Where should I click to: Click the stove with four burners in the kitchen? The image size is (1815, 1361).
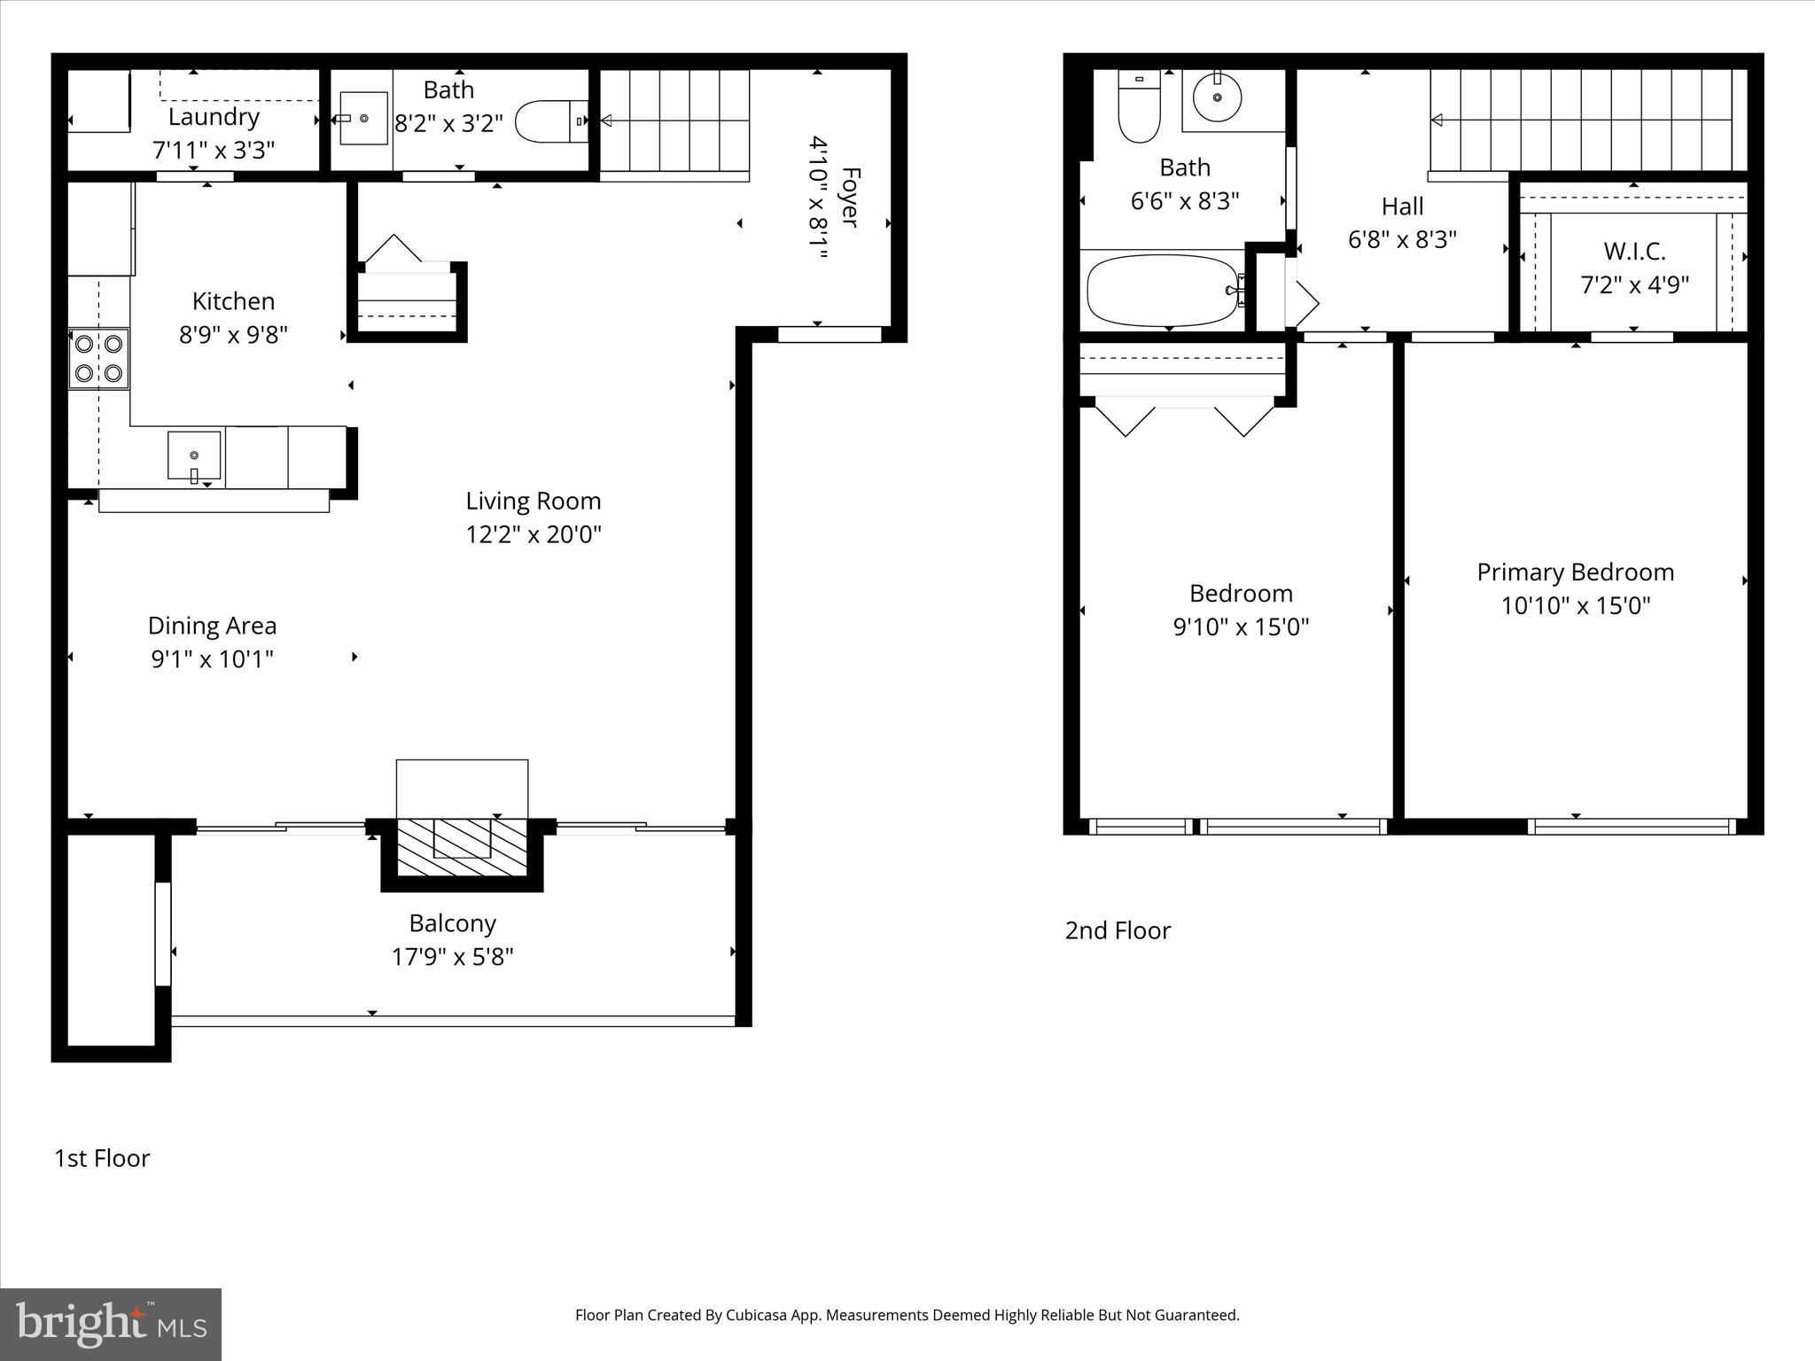coord(98,359)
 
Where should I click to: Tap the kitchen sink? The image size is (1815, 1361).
coord(194,455)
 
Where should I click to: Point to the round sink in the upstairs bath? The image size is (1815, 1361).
coord(1217,97)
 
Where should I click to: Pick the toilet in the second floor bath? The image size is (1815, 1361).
coord(1139,106)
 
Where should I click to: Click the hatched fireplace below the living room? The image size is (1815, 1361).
coord(462,848)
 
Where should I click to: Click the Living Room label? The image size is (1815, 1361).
coord(534,502)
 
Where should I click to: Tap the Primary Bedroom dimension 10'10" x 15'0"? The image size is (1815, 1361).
coord(1575,606)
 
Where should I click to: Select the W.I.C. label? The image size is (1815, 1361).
coord(1634,252)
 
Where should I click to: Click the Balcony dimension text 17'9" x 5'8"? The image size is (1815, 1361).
coord(452,957)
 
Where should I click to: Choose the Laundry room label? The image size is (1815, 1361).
coord(214,117)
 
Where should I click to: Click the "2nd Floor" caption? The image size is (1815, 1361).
coord(1117,930)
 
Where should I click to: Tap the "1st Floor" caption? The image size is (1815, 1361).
coord(102,1158)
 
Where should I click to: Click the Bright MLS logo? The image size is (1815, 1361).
coord(111,1324)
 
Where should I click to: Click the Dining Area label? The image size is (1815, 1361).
coord(212,626)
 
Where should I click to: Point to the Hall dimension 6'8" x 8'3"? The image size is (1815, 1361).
coord(1402,240)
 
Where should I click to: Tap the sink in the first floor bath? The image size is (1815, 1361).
coord(363,118)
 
